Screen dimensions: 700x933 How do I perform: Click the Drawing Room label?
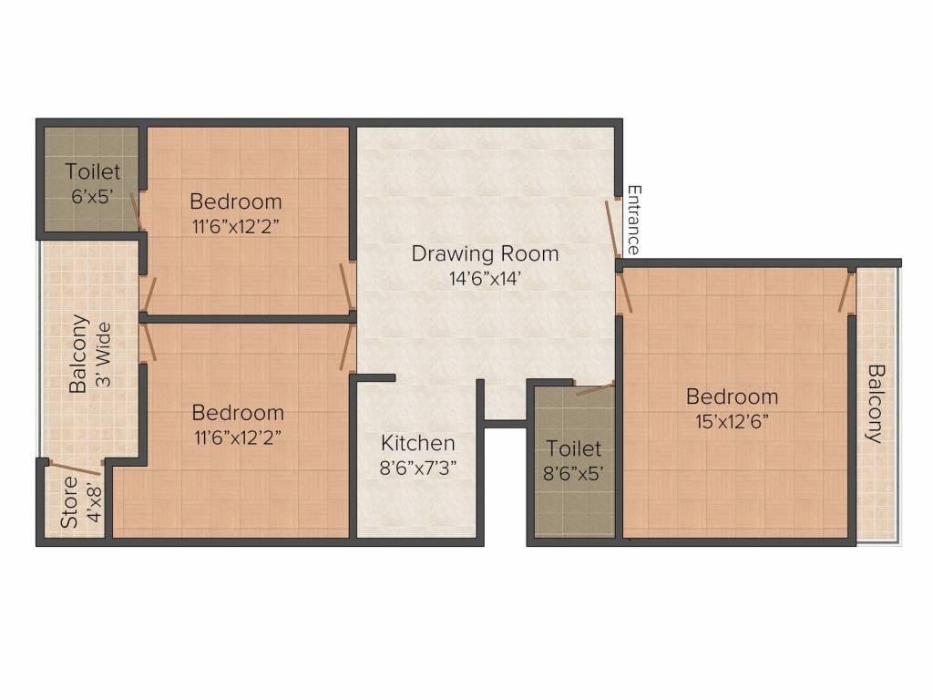[485, 252]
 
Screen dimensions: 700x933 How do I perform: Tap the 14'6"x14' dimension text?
[485, 279]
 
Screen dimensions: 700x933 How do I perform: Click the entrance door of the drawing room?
[614, 228]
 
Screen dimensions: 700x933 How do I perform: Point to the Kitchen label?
[418, 443]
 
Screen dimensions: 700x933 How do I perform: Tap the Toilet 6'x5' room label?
[92, 171]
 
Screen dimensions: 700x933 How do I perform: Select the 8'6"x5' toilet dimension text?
[574, 473]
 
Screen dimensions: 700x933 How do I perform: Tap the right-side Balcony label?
[876, 403]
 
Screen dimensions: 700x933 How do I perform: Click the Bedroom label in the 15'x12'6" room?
[732, 396]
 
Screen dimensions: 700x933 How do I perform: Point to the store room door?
[74, 468]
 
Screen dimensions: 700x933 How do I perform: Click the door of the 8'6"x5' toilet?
[595, 388]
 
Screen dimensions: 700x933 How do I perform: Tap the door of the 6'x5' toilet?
[136, 211]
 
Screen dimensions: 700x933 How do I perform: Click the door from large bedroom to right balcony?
[846, 293]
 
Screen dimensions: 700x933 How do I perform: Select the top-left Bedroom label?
[235, 201]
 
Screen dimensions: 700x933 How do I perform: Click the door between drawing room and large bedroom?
[623, 293]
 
